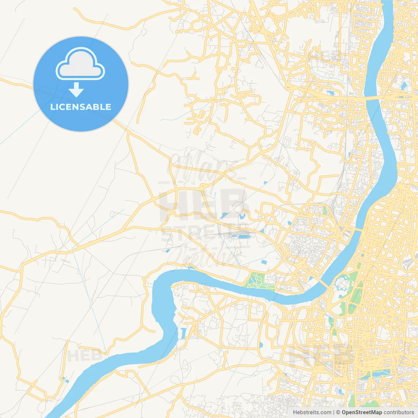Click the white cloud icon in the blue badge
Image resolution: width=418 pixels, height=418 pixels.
(x=80, y=64)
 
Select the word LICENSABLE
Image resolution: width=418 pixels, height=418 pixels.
(x=81, y=107)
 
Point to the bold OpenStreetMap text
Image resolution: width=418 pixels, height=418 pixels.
(x=362, y=412)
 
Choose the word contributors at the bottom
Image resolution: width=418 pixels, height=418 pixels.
(x=398, y=412)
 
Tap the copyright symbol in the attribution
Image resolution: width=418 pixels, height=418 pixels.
(x=338, y=412)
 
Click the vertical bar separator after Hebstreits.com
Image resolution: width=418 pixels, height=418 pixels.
(x=334, y=412)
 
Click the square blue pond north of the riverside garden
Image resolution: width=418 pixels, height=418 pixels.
(x=264, y=262)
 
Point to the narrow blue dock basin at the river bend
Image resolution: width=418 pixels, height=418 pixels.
(x=182, y=333)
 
